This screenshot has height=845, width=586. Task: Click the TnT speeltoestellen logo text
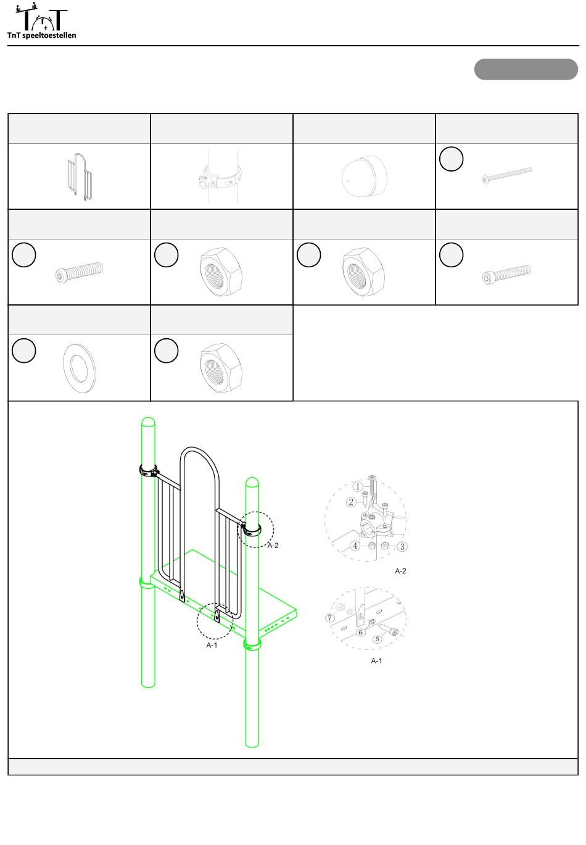[x=41, y=35]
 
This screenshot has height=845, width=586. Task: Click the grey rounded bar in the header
[x=526, y=69]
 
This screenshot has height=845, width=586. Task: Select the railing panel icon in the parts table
[x=80, y=176]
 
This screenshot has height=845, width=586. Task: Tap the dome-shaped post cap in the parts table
[x=365, y=176]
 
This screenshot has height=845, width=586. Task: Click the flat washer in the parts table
[x=80, y=368]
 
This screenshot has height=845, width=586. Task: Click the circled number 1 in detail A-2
[x=358, y=486]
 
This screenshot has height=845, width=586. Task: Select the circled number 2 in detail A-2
[x=351, y=502]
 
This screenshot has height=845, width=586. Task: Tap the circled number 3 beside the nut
[x=402, y=547]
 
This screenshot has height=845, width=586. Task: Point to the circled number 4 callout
[x=355, y=546]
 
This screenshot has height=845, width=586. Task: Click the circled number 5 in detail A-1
[x=378, y=639]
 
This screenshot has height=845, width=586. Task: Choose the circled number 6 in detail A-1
[x=360, y=632]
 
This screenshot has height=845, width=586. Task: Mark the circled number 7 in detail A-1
[x=330, y=617]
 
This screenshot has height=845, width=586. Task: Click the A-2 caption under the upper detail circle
[x=400, y=571]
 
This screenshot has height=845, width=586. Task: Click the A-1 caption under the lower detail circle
[x=376, y=660]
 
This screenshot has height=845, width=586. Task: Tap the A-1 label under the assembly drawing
[x=212, y=645]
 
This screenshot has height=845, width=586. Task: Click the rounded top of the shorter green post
[x=252, y=482]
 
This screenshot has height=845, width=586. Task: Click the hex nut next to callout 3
[x=385, y=545]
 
